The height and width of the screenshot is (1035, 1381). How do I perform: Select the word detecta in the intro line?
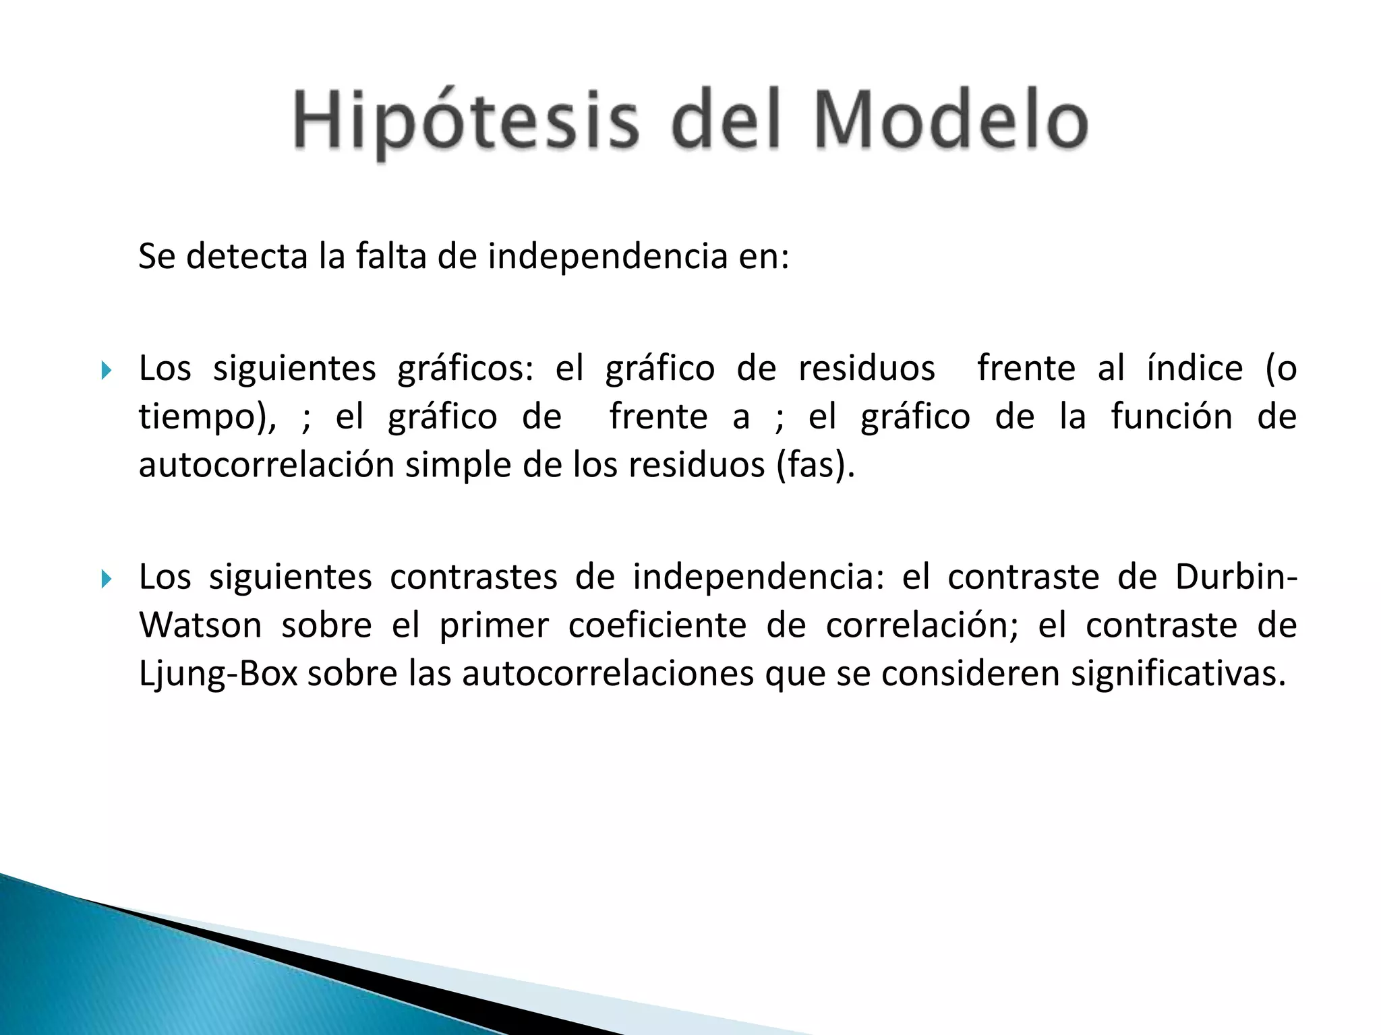(246, 257)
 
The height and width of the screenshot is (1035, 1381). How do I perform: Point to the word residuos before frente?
(867, 369)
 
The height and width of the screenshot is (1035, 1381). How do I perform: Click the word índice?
(1194, 369)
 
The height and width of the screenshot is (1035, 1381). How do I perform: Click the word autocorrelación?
(266, 465)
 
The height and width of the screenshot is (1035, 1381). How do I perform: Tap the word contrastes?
(473, 577)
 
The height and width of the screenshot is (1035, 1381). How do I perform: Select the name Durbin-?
(1235, 577)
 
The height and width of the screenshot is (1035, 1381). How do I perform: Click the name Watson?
(200, 625)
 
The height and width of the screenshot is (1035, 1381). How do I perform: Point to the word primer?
(494, 625)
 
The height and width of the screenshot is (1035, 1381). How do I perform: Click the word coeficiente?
(657, 625)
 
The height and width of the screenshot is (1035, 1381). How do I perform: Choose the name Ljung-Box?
(218, 674)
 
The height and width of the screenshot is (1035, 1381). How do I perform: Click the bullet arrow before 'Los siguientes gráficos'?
(106, 370)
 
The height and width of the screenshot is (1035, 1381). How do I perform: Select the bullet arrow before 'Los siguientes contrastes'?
(106, 579)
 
